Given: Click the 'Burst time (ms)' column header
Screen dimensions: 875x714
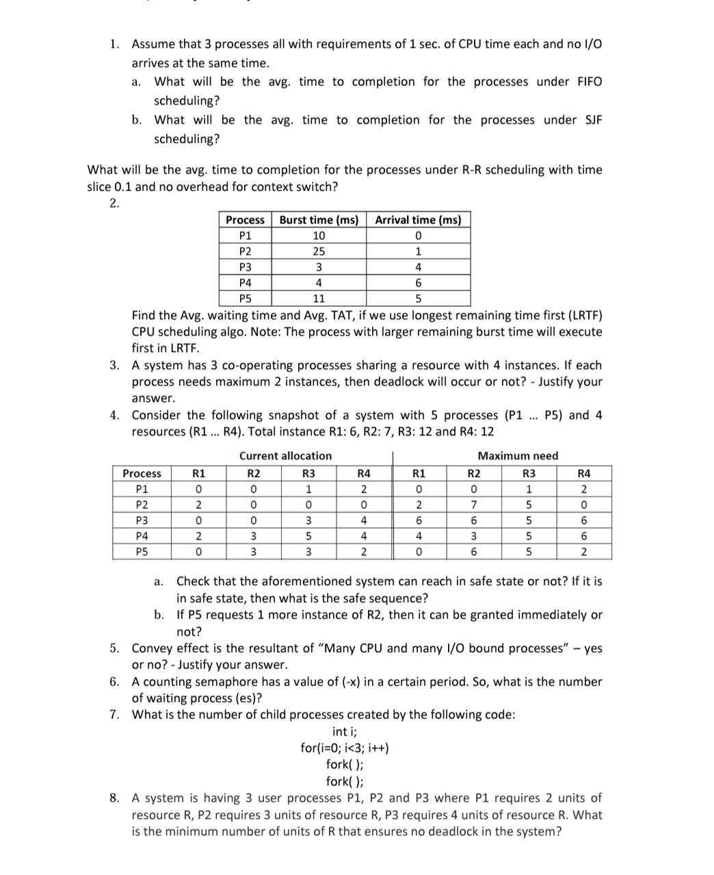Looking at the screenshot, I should (319, 220).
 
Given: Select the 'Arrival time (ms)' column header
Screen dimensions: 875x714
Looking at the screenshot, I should (418, 220).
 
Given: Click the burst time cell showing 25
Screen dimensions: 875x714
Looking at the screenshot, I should (319, 252).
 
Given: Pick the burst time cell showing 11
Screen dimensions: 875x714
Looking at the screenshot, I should (319, 299).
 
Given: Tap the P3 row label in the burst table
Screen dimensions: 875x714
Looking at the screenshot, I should (245, 267).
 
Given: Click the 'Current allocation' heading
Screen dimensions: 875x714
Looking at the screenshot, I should (285, 456).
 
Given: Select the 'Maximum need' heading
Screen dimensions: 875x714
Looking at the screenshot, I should (518, 456).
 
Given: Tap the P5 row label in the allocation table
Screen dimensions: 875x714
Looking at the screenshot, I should (142, 552).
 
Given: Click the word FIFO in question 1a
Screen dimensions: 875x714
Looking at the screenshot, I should (590, 82).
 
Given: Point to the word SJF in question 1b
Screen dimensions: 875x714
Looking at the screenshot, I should (592, 120).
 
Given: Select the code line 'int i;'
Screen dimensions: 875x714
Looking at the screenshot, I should (345, 731).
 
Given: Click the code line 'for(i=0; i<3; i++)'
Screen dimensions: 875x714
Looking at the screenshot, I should (345, 748).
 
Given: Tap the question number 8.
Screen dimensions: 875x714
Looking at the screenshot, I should (114, 798).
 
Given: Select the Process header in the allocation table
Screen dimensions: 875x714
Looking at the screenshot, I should (142, 474).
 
